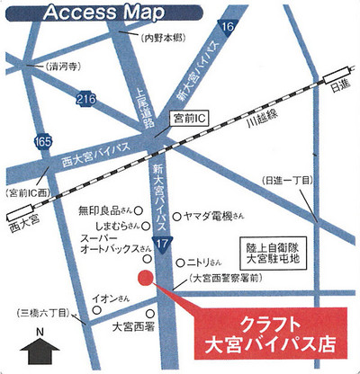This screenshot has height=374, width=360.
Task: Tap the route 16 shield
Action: (x=227, y=29)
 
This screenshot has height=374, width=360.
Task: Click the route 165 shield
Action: (x=40, y=140)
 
